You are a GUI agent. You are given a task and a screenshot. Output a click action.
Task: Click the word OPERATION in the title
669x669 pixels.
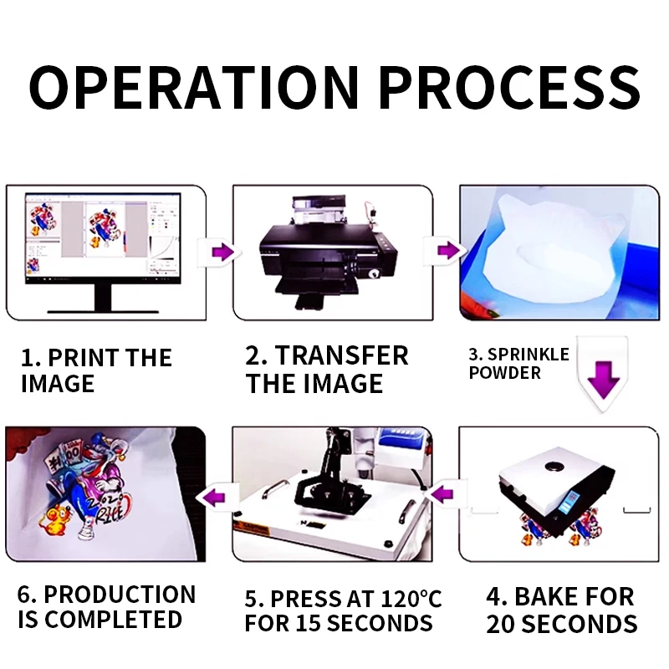(x=194, y=88)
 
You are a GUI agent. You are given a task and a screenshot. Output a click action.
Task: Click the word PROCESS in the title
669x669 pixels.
(x=510, y=88)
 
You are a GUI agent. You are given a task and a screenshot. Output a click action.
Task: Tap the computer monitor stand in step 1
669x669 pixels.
(x=103, y=299)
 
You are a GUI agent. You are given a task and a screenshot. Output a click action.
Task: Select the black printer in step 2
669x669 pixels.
(x=329, y=253)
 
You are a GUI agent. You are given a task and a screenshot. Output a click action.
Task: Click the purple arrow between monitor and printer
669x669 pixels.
(x=222, y=253)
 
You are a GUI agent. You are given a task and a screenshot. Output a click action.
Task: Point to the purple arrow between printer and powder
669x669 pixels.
(x=448, y=250)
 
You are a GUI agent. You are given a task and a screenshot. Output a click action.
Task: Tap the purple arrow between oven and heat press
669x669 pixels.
(x=442, y=495)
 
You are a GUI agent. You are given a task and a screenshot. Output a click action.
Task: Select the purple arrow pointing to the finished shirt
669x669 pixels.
(x=214, y=498)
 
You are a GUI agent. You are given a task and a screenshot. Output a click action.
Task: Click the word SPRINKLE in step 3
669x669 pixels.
(x=529, y=355)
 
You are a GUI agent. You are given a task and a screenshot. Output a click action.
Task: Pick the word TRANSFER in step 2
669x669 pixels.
(x=342, y=356)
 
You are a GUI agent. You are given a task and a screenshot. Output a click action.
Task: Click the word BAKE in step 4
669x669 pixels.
(x=539, y=596)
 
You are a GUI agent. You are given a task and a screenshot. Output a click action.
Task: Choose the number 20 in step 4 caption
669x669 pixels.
(x=500, y=625)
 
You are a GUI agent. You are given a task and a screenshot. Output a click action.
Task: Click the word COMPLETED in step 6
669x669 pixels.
(x=114, y=620)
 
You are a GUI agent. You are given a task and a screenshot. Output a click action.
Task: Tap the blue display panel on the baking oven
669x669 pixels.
(x=569, y=503)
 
